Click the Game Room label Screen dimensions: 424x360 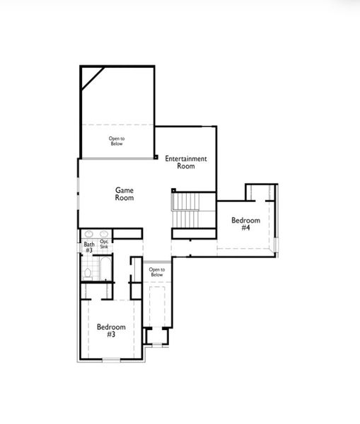pyautogui.click(x=124, y=194)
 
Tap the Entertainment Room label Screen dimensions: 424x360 pyautogui.click(x=186, y=163)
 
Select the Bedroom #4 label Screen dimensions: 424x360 pyautogui.click(x=245, y=224)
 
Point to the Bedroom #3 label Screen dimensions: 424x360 pyautogui.click(x=111, y=330)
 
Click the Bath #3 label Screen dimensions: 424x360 pyautogui.click(x=88, y=247)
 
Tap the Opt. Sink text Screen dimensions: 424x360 pyautogui.click(x=104, y=245)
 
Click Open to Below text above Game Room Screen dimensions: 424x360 pyautogui.click(x=116, y=141)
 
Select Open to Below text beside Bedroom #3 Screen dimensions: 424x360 pyautogui.click(x=156, y=272)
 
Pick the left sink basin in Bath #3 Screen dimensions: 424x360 pyautogui.click(x=88, y=234)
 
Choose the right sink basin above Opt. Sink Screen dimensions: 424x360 pyautogui.click(x=104, y=234)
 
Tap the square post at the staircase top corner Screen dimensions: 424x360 pyautogui.click(x=173, y=190)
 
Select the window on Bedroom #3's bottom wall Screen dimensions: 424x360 pyautogui.click(x=111, y=361)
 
